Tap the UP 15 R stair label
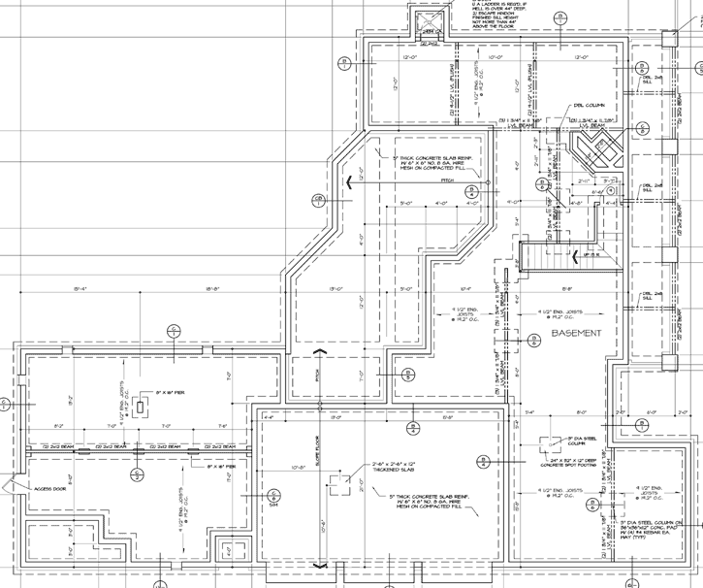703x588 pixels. point(587,253)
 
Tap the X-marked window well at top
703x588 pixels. point(427,20)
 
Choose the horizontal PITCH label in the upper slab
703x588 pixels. point(446,181)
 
